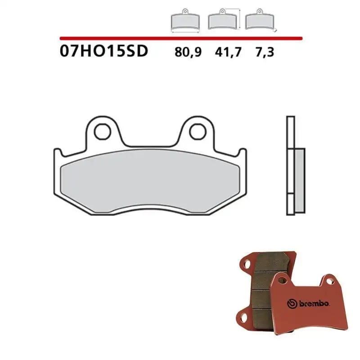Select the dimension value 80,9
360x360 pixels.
tap(188, 52)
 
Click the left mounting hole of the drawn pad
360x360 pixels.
tap(103, 131)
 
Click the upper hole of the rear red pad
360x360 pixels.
tap(247, 262)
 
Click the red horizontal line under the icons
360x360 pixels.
tap(180, 39)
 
